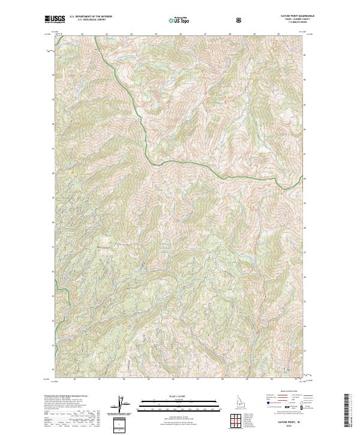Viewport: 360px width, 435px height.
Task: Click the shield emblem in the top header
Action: tap(240, 21)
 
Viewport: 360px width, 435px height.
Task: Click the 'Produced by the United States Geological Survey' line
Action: tap(65, 396)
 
